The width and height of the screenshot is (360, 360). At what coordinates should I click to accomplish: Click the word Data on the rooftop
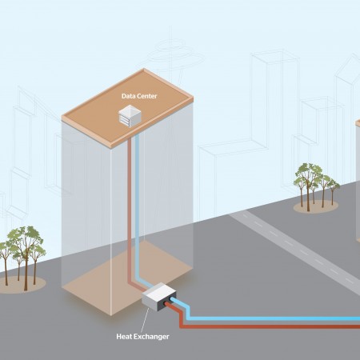[126, 96]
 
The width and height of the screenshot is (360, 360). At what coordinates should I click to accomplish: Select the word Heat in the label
[124, 337]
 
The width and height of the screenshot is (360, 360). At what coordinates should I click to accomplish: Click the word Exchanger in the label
[151, 337]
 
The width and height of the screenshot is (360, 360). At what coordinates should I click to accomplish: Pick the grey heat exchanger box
[159, 297]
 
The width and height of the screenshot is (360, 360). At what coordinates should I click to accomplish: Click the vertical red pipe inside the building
[130, 210]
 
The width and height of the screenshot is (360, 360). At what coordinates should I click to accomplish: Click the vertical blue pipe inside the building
[138, 208]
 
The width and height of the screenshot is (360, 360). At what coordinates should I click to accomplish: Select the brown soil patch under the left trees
[22, 285]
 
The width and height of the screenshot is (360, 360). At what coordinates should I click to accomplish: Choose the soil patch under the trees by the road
[316, 206]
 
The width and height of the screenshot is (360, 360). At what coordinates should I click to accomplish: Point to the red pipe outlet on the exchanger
[166, 304]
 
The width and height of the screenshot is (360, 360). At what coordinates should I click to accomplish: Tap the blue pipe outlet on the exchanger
[172, 300]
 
